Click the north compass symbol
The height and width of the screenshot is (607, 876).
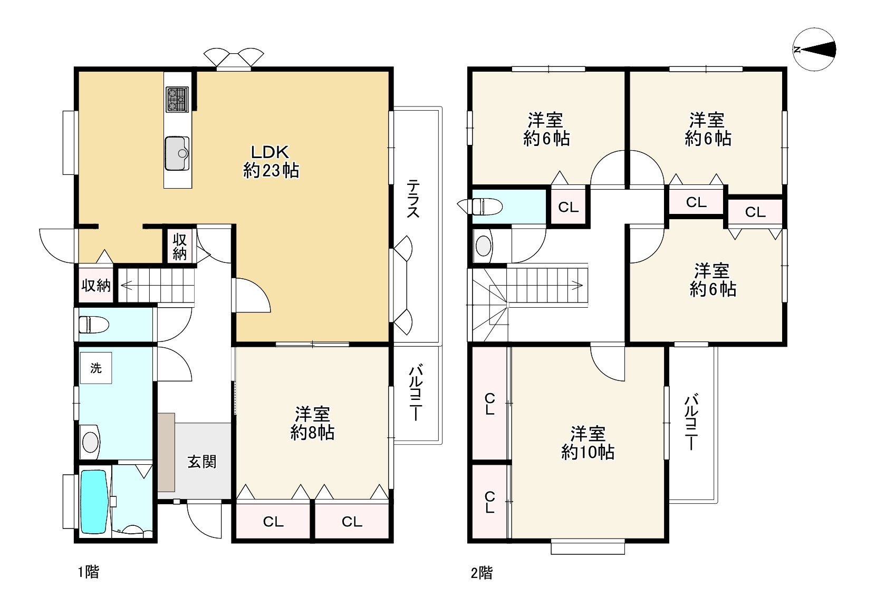pyautogui.click(x=814, y=50)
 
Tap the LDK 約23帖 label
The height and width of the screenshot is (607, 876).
pyautogui.click(x=271, y=161)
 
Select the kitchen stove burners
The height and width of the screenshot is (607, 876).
pyautogui.click(x=177, y=100)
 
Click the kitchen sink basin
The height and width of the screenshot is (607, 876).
pyautogui.click(x=177, y=153)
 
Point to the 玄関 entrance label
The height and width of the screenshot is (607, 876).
pyautogui.click(x=202, y=462)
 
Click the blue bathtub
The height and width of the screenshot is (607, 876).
pyautogui.click(x=94, y=502)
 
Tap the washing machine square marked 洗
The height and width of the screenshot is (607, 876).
pyautogui.click(x=96, y=368)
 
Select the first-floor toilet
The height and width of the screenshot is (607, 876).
pyautogui.click(x=94, y=325)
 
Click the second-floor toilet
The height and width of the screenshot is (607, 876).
pyautogui.click(x=484, y=206)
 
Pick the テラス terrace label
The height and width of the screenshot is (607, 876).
pyautogui.click(x=413, y=199)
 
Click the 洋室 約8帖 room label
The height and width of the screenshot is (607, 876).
pyautogui.click(x=312, y=424)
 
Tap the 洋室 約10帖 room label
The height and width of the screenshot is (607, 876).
pyautogui.click(x=588, y=443)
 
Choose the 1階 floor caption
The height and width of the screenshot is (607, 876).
pyautogui.click(x=89, y=572)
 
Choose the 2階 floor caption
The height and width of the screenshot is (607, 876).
pyautogui.click(x=482, y=573)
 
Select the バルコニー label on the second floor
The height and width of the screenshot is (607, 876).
pyautogui.click(x=691, y=423)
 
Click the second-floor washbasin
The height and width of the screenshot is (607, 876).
pyautogui.click(x=484, y=246)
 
